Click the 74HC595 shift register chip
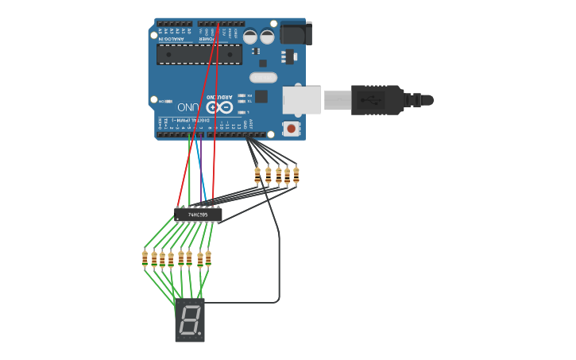click(x=199, y=215)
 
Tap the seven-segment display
click(x=190, y=320)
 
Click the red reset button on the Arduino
click(x=291, y=128)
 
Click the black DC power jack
click(x=296, y=33)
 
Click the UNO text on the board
click(x=188, y=106)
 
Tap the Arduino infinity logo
click(x=219, y=106)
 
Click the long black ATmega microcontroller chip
click(x=199, y=53)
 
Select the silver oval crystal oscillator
click(x=263, y=78)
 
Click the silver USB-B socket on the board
click(x=302, y=100)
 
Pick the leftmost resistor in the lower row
click(x=145, y=257)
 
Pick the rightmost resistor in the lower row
click(x=208, y=257)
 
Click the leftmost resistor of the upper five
click(x=257, y=175)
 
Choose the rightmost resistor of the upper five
click(x=296, y=175)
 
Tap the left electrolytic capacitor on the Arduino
click(x=249, y=37)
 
